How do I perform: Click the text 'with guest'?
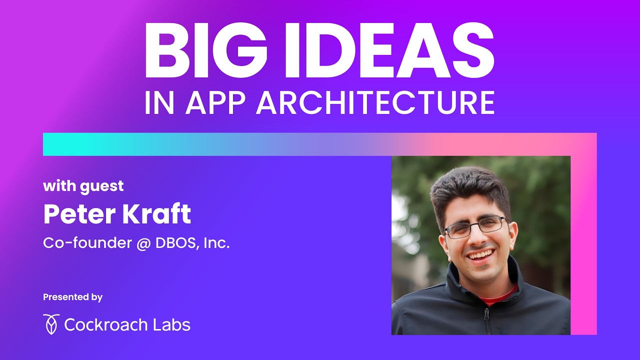(x=83, y=186)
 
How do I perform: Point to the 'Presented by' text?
(x=72, y=297)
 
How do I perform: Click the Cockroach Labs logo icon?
(x=51, y=324)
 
